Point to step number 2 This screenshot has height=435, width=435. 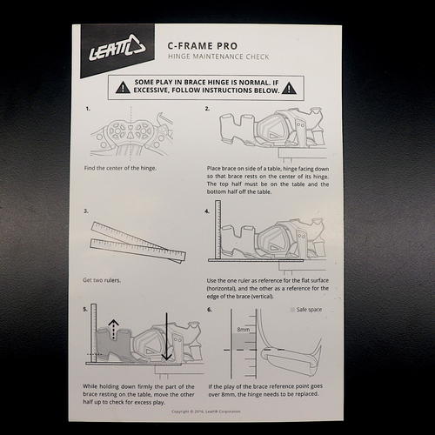click(x=207, y=110)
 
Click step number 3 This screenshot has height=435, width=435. click(x=86, y=211)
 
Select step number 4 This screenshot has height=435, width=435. click(x=207, y=211)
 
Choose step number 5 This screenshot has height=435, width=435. click(x=86, y=309)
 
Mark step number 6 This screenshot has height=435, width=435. click(x=209, y=309)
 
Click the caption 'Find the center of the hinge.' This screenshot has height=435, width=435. click(x=120, y=167)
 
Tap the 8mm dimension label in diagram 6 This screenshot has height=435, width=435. click(x=244, y=330)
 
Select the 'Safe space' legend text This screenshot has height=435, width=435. click(x=311, y=310)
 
